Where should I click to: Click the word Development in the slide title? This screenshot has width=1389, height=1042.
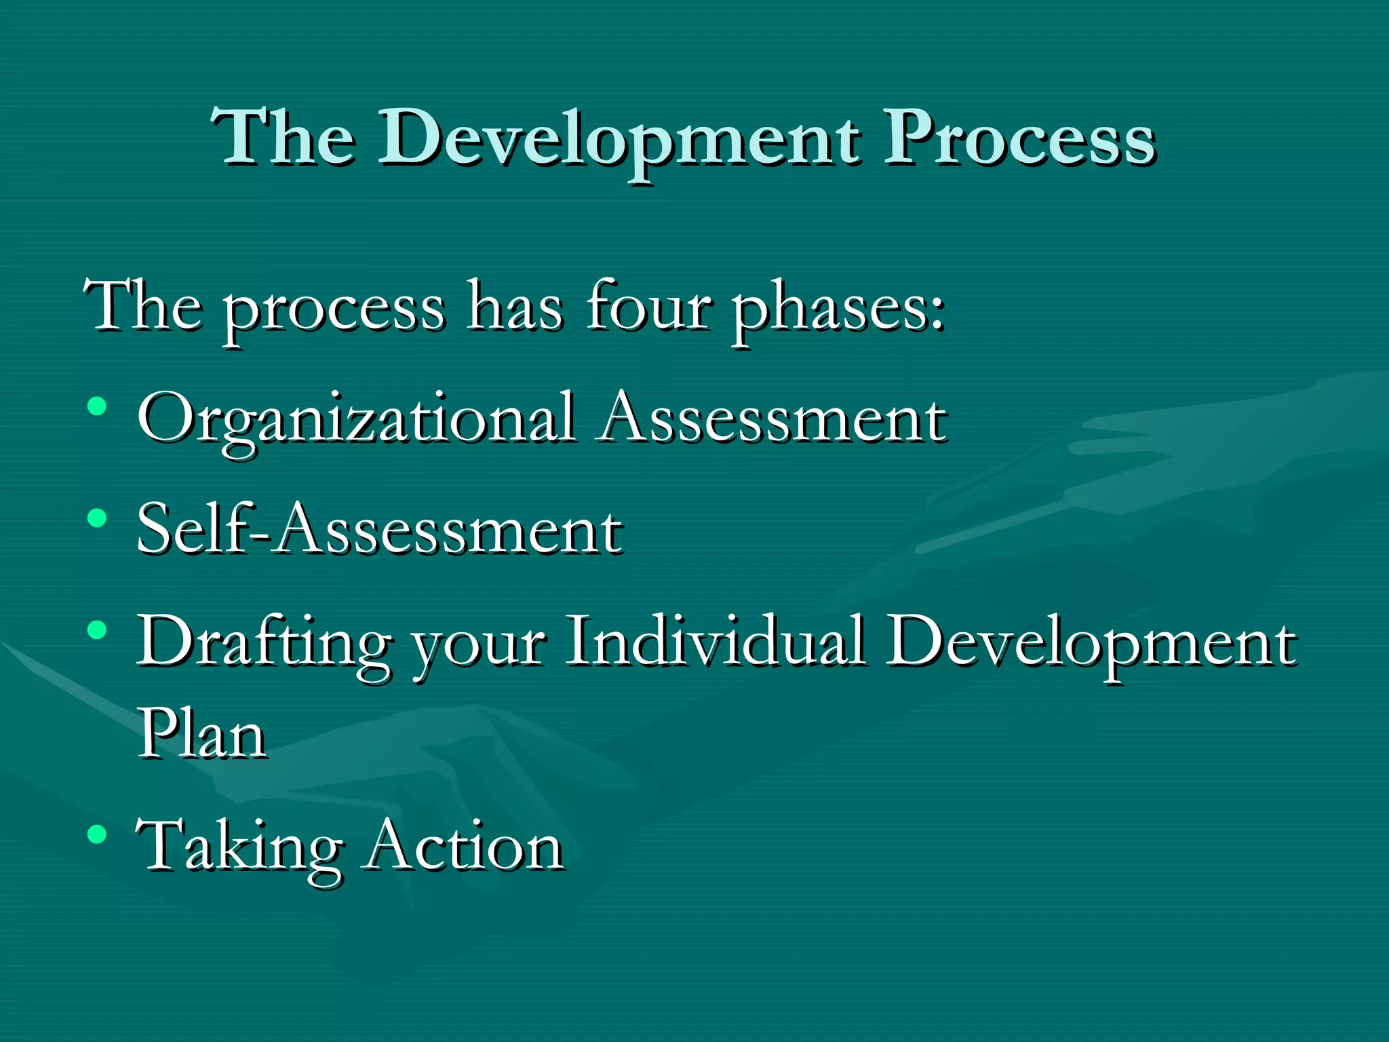pos(619,139)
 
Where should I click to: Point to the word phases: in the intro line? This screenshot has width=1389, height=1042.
pos(838,309)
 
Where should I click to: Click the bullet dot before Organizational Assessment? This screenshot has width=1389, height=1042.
pos(97,406)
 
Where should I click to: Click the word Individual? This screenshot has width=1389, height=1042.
pos(716,640)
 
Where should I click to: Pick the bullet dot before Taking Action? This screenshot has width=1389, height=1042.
pos(97,833)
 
